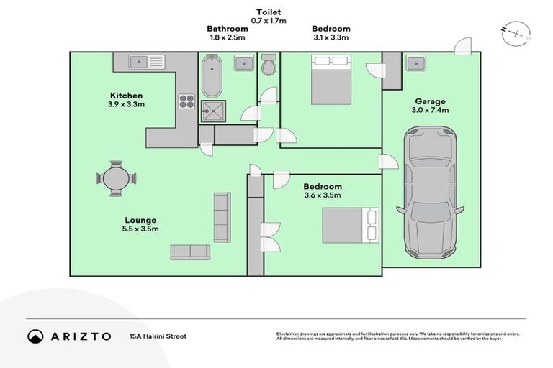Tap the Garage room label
(430, 101)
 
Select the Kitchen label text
(126, 96)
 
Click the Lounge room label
(140, 220)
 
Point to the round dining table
(116, 178)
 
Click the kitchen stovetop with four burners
(186, 101)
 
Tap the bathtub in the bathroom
(212, 78)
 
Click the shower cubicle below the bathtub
(212, 111)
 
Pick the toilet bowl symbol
(269, 65)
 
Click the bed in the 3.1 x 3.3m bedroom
(331, 82)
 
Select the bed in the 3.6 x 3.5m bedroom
(349, 225)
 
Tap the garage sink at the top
(415, 63)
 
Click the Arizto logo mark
(35, 336)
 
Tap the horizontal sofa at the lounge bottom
(190, 252)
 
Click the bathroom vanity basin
(246, 63)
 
